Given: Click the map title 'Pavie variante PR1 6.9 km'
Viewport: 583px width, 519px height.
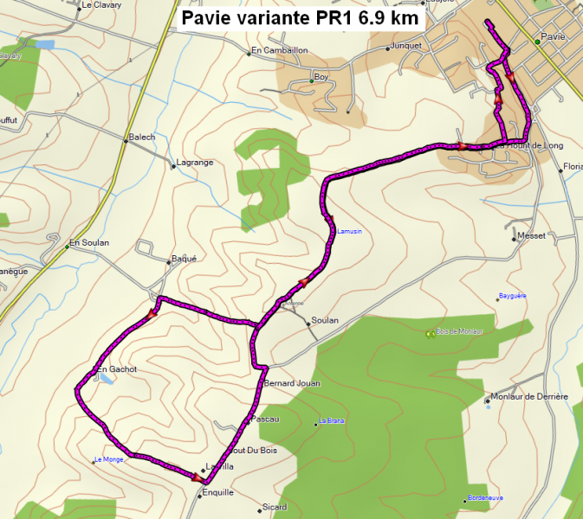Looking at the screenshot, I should click(300, 18).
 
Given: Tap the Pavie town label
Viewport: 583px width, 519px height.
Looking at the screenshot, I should click(552, 37).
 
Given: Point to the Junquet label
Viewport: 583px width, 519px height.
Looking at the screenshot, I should click(405, 46).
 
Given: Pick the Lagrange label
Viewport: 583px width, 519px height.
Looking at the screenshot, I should click(194, 163).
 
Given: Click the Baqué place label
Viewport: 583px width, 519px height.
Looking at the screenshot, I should click(185, 258).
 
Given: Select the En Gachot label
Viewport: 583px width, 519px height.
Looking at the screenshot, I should click(116, 369).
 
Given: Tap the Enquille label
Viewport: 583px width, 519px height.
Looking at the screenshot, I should click(217, 492).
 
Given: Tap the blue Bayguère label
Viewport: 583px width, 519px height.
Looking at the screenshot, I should click(512, 296).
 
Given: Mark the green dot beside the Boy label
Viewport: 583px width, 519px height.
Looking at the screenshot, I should click(311, 81).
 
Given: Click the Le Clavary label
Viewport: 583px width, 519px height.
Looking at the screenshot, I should click(100, 4).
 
